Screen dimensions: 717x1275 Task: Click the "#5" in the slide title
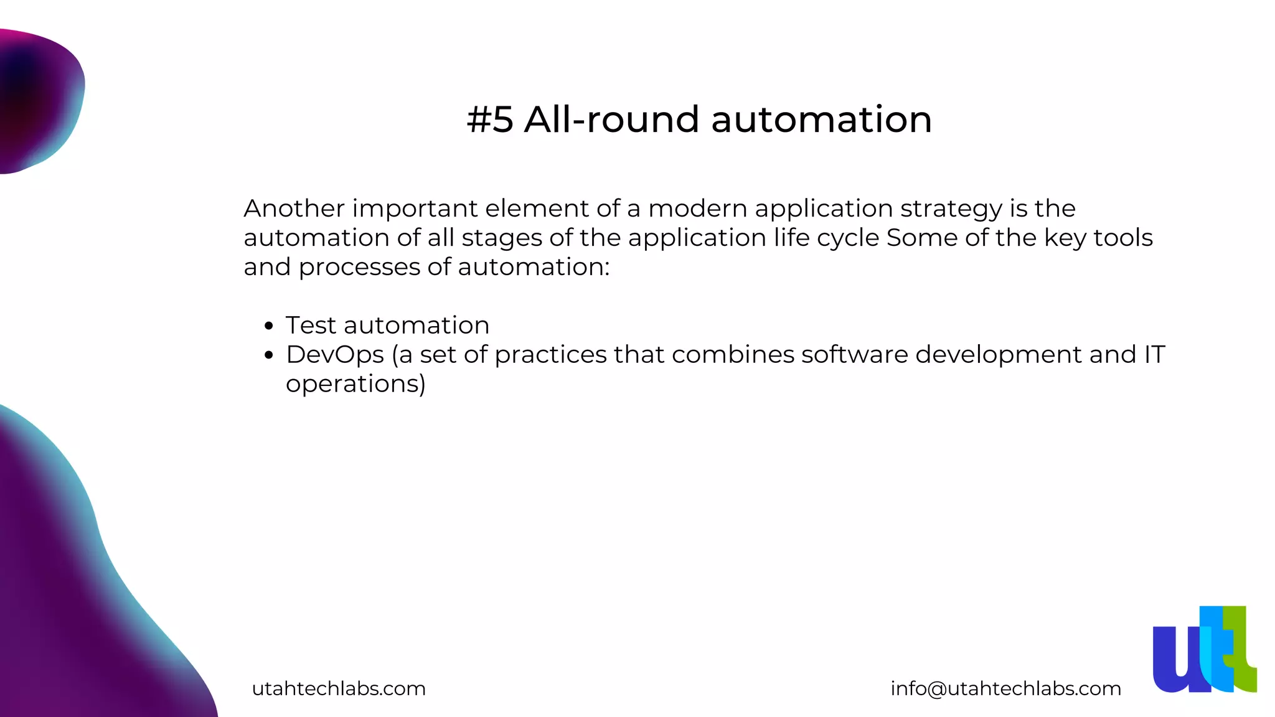click(x=490, y=119)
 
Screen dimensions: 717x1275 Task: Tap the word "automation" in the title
click(x=821, y=119)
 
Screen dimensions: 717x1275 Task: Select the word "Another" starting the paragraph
click(x=294, y=209)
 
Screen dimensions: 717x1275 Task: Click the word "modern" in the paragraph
click(x=697, y=209)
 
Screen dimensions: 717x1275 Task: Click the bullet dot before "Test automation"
click(x=269, y=326)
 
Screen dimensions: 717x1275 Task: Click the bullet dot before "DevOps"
click(x=269, y=355)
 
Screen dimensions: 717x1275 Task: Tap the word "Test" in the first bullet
click(x=311, y=326)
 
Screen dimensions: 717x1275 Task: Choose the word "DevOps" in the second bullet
click(x=335, y=355)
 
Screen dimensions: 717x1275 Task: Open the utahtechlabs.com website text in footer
click(x=339, y=688)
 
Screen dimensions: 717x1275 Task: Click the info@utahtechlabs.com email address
click(x=1005, y=688)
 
